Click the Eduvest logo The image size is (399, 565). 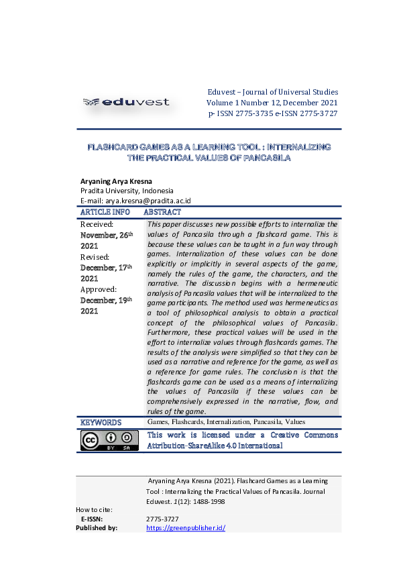126,102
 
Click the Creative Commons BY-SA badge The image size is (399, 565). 109,440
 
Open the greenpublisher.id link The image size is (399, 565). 185,528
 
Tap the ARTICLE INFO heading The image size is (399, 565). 105,211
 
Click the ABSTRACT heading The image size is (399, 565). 162,211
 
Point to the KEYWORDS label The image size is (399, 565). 101,423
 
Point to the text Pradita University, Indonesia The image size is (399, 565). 127,191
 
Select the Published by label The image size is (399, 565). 97,528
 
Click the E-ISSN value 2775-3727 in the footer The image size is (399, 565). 162,519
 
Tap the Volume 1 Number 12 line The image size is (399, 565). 272,103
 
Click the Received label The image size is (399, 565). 97,224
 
